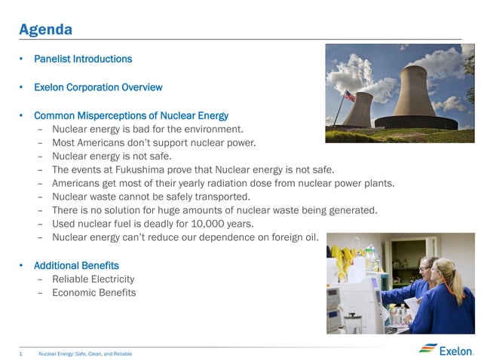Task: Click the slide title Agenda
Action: pos(45,29)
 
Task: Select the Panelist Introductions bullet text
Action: pos(83,59)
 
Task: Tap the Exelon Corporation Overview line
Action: pos(98,87)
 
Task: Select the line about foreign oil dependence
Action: pos(185,237)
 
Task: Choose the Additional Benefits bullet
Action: pos(76,266)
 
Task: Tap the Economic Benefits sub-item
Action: pos(94,293)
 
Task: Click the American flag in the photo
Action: pos(349,96)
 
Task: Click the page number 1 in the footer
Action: pos(21,353)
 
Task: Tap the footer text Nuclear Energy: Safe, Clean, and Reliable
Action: pos(85,353)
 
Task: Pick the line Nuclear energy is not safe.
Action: pos(112,156)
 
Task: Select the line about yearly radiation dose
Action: pos(223,183)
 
